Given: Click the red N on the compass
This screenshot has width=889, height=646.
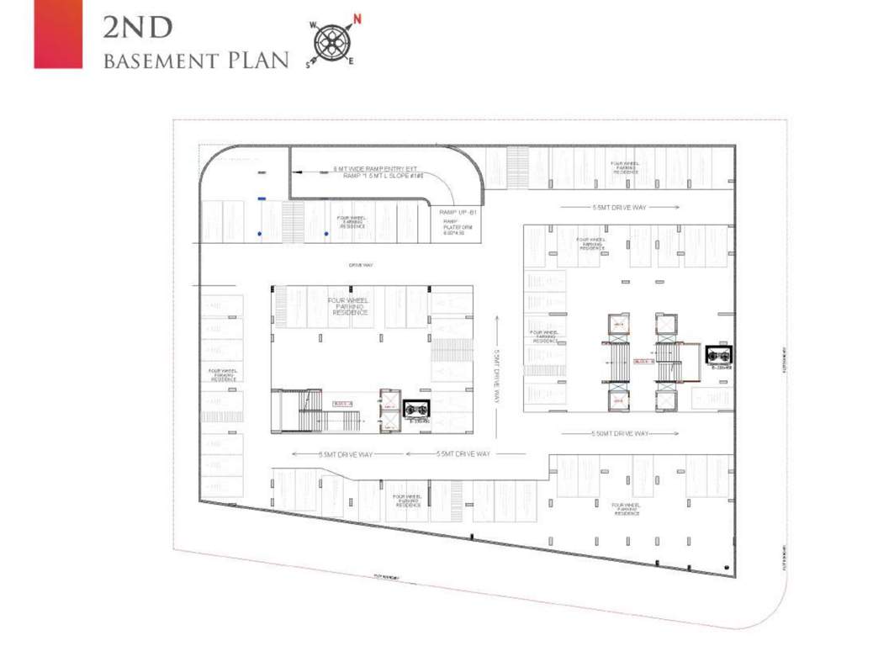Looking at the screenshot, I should click(357, 19).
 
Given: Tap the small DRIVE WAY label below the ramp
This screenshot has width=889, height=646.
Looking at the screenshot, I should click(361, 266).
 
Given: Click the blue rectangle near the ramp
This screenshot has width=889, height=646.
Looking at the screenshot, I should click(262, 199).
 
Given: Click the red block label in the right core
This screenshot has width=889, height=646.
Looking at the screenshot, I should click(643, 361).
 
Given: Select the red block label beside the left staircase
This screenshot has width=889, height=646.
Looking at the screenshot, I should click(341, 403).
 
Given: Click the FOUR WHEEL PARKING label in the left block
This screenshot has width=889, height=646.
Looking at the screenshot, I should click(351, 305).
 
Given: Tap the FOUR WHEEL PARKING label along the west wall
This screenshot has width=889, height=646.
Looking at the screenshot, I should click(223, 374).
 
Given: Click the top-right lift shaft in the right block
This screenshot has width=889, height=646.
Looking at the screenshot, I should click(665, 324).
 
